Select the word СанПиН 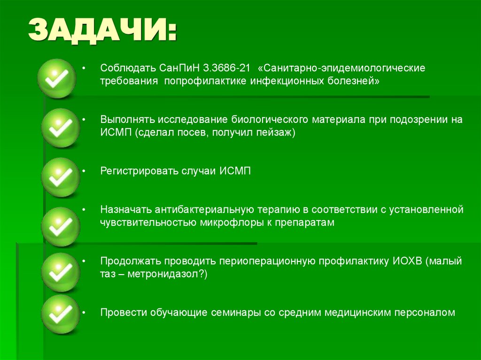[180, 69]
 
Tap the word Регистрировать [139, 171]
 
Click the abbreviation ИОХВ [407, 261]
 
